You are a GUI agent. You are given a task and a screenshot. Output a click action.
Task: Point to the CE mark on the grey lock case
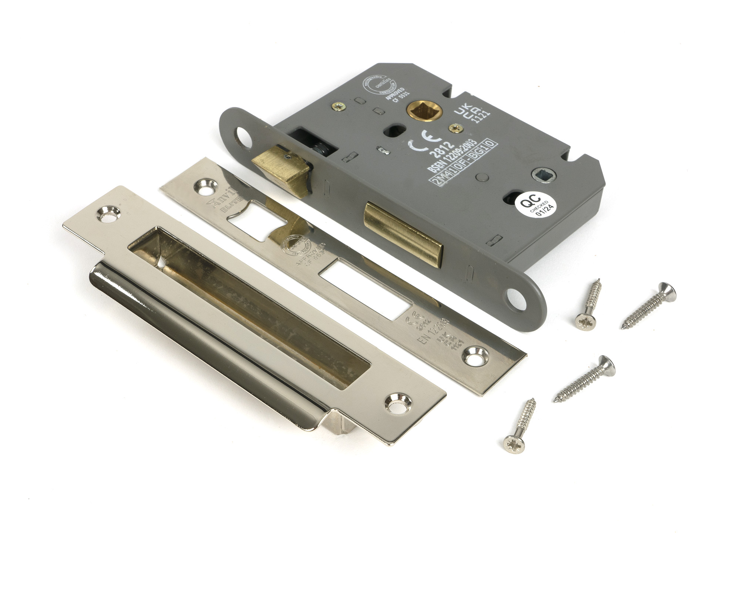[424, 140]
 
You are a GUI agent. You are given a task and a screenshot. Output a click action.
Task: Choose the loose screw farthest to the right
[649, 306]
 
